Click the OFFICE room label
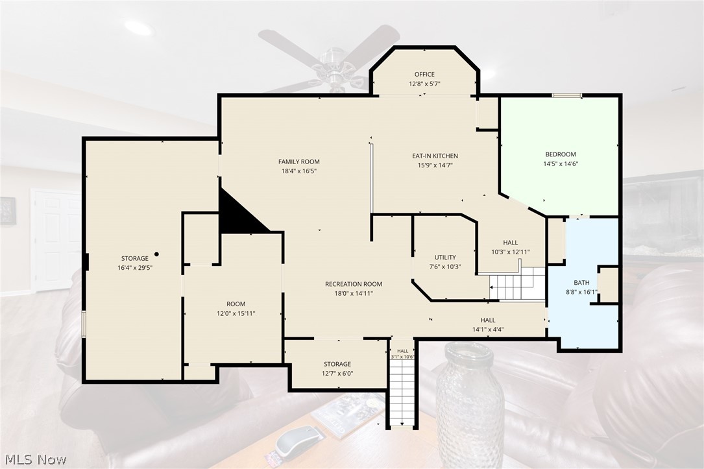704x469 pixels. [424, 74]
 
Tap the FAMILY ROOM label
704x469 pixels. [299, 162]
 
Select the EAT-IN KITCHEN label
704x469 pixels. [435, 156]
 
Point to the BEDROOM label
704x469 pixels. [561, 154]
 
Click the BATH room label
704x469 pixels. [581, 282]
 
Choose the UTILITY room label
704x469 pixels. [445, 257]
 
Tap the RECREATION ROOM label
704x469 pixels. [354, 283]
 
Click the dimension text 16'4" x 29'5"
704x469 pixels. [135, 267]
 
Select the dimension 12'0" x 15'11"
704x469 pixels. [236, 313]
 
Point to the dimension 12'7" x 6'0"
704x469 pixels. [337, 373]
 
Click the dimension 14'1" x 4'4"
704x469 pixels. [487, 329]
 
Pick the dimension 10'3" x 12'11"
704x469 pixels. [511, 252]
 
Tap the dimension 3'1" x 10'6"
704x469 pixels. [403, 357]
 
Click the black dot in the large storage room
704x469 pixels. [156, 254]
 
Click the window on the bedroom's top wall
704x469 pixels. [566, 95]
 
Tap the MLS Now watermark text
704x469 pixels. [36, 459]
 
